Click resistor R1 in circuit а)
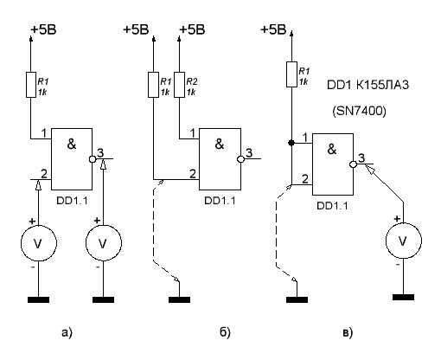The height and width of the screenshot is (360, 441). click(31, 85)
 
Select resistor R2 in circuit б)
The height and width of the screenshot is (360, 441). click(179, 85)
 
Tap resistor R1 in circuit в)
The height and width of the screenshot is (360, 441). click(291, 74)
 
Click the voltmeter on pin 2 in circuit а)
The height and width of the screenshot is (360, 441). click(39, 243)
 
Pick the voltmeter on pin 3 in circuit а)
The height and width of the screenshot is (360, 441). click(104, 243)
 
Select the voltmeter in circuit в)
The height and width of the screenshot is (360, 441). click(404, 241)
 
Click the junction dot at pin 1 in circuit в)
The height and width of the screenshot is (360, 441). click(291, 143)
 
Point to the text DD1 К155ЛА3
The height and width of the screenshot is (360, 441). click(367, 85)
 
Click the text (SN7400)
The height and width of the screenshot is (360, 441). click(359, 111)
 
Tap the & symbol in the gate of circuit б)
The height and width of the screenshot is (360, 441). click(220, 144)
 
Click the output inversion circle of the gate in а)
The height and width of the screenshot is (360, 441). click(93, 159)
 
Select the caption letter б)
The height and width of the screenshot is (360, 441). click(225, 332)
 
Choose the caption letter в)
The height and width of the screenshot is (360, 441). click(348, 333)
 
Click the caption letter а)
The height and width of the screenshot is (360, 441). click(67, 333)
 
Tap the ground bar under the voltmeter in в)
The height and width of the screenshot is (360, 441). click(403, 297)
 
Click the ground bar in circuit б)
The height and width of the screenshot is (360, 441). click(179, 299)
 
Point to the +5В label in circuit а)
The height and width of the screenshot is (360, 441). click(43, 29)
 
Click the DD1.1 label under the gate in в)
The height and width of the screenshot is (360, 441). click(332, 206)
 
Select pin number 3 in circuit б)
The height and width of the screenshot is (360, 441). click(249, 152)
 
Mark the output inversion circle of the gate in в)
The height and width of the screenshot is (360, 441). click(353, 164)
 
